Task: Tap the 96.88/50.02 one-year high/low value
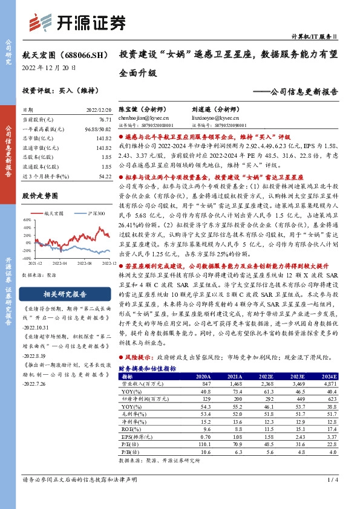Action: [99, 129]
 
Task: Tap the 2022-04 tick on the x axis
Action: [58, 264]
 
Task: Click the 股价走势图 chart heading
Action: [40, 196]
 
